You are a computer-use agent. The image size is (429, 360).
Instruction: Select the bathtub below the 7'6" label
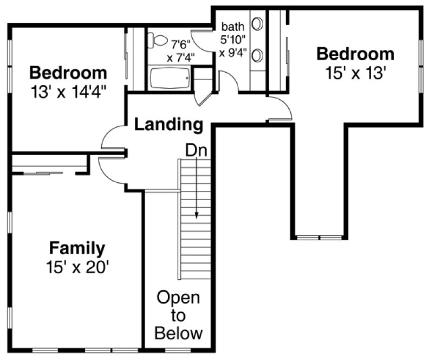170,79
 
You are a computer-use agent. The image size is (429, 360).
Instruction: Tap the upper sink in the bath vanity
258,24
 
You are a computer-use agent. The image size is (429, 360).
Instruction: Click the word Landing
168,124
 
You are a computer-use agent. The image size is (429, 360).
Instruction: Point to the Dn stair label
196,150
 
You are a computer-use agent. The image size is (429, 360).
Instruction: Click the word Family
77,248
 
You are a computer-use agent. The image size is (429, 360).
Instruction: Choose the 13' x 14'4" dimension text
68,91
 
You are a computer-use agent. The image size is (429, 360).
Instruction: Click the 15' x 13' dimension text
355,73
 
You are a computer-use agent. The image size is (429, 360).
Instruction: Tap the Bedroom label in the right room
355,54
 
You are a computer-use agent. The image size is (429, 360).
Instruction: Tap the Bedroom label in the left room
68,72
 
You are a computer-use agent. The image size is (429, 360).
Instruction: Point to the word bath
233,26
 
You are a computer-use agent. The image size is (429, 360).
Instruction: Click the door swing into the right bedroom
282,108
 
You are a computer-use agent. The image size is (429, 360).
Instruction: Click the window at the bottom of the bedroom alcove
319,237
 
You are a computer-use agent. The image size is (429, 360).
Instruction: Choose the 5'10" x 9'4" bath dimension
233,46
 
